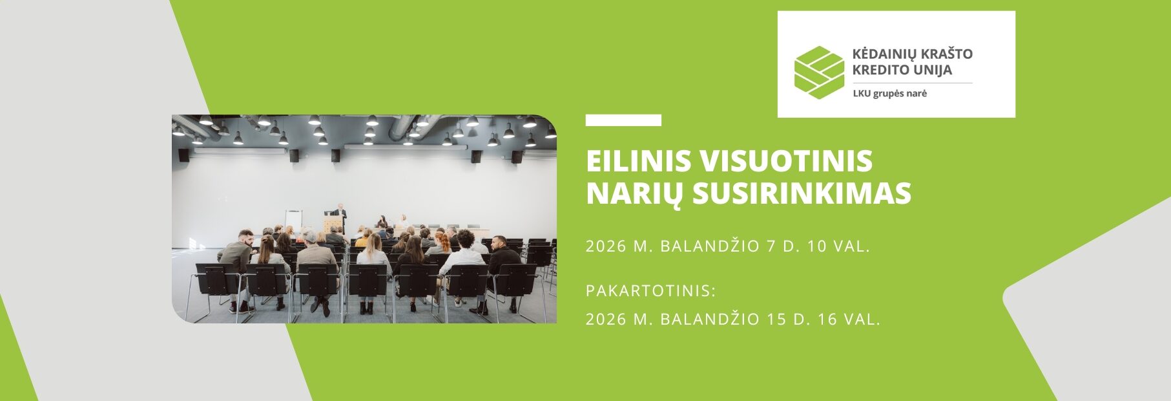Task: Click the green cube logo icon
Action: click(819, 72)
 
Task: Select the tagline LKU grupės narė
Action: click(889, 93)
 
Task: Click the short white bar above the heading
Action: click(623, 120)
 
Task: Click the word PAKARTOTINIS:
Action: click(651, 291)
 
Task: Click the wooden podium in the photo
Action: click(332, 225)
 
